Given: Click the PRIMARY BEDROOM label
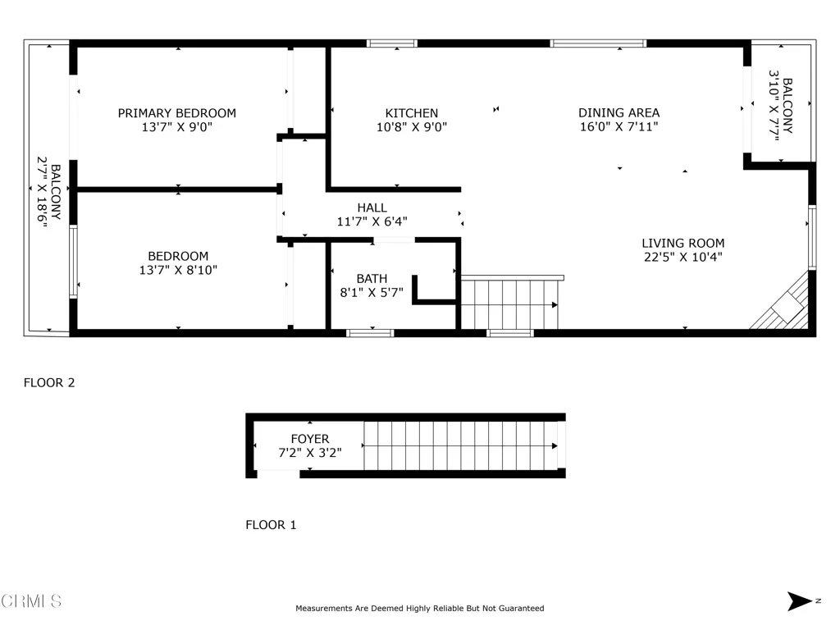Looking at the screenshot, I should (x=176, y=113).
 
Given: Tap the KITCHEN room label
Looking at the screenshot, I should (x=412, y=113).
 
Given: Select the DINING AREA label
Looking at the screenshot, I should (x=619, y=113).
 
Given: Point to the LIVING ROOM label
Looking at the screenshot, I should (x=682, y=243).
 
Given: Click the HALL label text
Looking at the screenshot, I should (x=372, y=208).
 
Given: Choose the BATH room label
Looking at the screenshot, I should (x=372, y=279).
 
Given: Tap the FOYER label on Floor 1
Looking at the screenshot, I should (x=309, y=439).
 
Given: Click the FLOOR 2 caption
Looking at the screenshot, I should (x=49, y=382).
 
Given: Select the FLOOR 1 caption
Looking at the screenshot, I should (x=271, y=525).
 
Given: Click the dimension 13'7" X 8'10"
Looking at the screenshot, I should (x=178, y=270).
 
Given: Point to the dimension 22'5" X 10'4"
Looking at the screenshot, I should (x=682, y=257).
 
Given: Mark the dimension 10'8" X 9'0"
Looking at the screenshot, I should (x=412, y=127).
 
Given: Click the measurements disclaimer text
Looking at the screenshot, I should (x=419, y=609).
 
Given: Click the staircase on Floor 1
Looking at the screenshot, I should (x=459, y=445).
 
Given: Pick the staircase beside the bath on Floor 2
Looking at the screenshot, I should (x=509, y=304).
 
